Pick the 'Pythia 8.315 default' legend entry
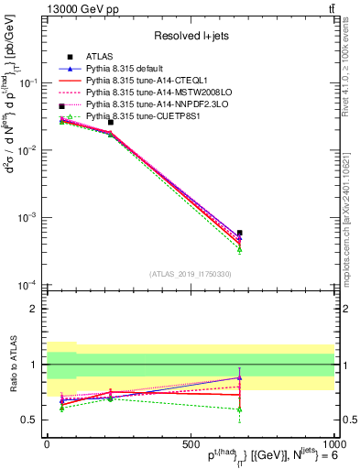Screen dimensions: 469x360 tap(132, 69)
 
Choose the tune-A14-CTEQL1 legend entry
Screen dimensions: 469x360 tap(149, 81)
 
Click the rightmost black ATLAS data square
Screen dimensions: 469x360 tap(239, 233)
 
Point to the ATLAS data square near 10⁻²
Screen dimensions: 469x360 tap(110, 122)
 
